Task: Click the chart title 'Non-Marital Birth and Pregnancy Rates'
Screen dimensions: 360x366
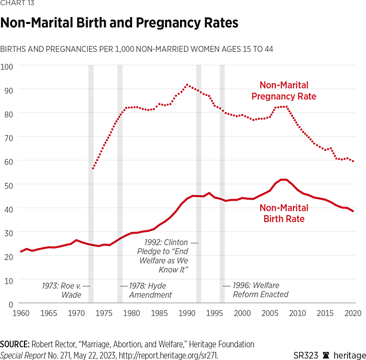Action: (x=119, y=23)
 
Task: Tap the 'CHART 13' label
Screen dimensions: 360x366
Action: (x=17, y=4)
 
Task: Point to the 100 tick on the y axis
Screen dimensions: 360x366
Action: (x=9, y=65)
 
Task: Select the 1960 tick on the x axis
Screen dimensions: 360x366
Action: (x=21, y=313)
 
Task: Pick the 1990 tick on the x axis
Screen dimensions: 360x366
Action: (x=187, y=313)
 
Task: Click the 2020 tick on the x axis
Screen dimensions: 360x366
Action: (x=353, y=313)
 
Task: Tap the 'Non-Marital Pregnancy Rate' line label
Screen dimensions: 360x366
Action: (x=284, y=91)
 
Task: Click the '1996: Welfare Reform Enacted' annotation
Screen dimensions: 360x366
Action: (x=259, y=290)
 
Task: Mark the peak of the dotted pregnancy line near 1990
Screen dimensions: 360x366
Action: (x=187, y=85)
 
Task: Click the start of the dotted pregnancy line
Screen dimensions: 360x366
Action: (x=93, y=169)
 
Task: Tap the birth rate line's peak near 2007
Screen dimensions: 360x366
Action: (x=283, y=180)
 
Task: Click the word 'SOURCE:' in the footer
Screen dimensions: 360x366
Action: (x=15, y=344)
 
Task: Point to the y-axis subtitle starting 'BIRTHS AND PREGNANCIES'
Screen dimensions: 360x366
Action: (x=136, y=49)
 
